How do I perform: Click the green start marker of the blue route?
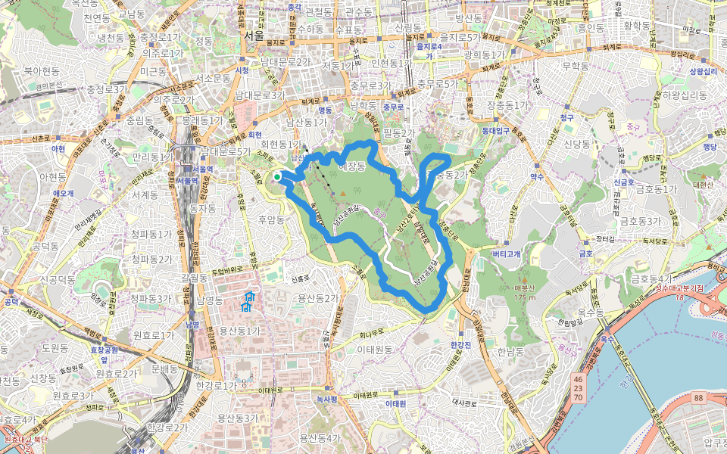click(x=277, y=176)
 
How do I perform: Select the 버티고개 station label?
click(x=506, y=254)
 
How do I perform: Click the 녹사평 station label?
click(x=327, y=398)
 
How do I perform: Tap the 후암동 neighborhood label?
click(x=270, y=220)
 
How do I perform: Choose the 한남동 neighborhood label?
click(x=512, y=352)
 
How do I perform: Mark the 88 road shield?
click(x=697, y=398)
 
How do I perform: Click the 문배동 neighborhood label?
click(x=164, y=369)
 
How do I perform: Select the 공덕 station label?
click(x=11, y=302)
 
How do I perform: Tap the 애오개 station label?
click(x=63, y=193)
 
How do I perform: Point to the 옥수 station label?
click(x=607, y=340)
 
